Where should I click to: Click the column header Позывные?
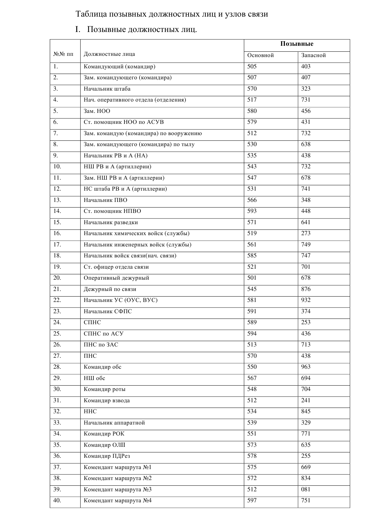click(297, 44)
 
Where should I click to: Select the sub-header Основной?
click(260, 55)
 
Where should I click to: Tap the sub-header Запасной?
click(313, 55)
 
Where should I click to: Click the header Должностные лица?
click(109, 54)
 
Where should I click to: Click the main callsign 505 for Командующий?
click(252, 66)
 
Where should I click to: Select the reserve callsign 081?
click(306, 489)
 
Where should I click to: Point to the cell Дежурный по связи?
click(110, 289)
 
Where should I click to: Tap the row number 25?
click(57, 334)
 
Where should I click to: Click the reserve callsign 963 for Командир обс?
click(306, 367)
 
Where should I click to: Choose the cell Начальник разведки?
click(111, 222)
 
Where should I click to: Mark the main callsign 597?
click(252, 500)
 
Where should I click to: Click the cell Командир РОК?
click(104, 434)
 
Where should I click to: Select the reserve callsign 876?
click(306, 289)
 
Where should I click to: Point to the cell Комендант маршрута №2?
click(118, 478)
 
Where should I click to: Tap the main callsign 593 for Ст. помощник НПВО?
click(252, 211)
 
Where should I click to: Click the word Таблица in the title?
click(91, 14)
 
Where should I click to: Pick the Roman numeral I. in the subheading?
click(78, 30)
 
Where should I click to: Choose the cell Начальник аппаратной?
click(114, 423)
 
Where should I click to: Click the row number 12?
click(57, 189)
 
